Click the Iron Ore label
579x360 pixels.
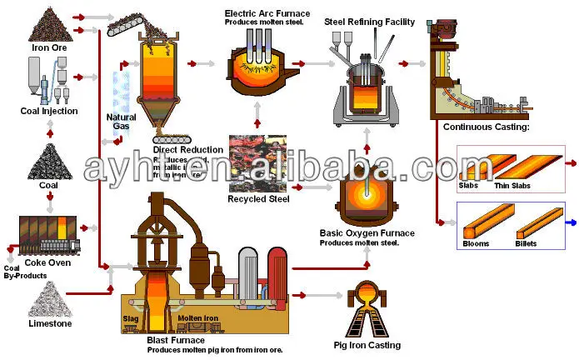[50, 48]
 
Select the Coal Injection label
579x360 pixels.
[50, 111]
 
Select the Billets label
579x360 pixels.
[526, 244]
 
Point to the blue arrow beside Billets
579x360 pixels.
[571, 222]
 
